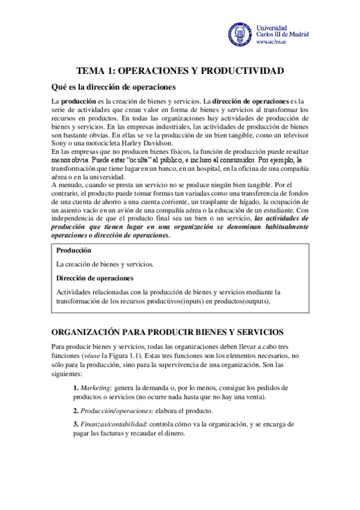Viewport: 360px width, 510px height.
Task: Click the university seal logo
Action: point(240,35)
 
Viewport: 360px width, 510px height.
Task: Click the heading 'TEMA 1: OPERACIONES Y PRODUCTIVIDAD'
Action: point(180,71)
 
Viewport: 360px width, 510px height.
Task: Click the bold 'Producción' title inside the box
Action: point(74,250)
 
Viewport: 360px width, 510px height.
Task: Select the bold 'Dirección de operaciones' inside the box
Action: point(94,278)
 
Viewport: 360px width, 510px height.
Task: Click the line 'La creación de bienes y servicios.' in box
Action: point(105,264)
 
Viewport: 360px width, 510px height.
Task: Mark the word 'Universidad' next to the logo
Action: point(272,28)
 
